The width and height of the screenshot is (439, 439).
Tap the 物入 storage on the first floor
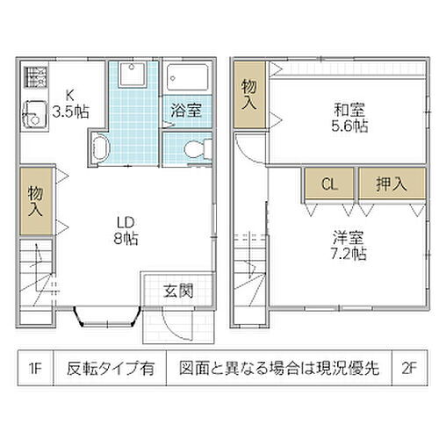tap(35, 202)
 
